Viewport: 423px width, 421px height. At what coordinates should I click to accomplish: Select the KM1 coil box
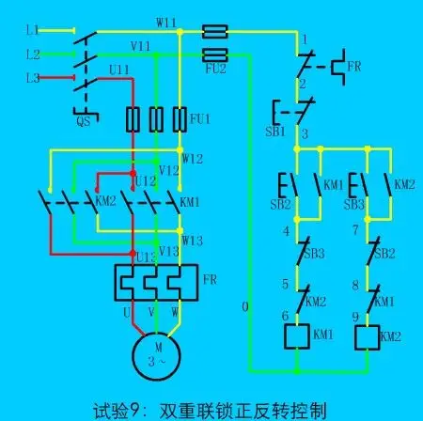tap(296, 335)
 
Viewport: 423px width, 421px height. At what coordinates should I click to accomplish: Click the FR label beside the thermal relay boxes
tap(211, 279)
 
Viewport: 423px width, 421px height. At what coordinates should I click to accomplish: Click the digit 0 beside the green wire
tap(245, 306)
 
